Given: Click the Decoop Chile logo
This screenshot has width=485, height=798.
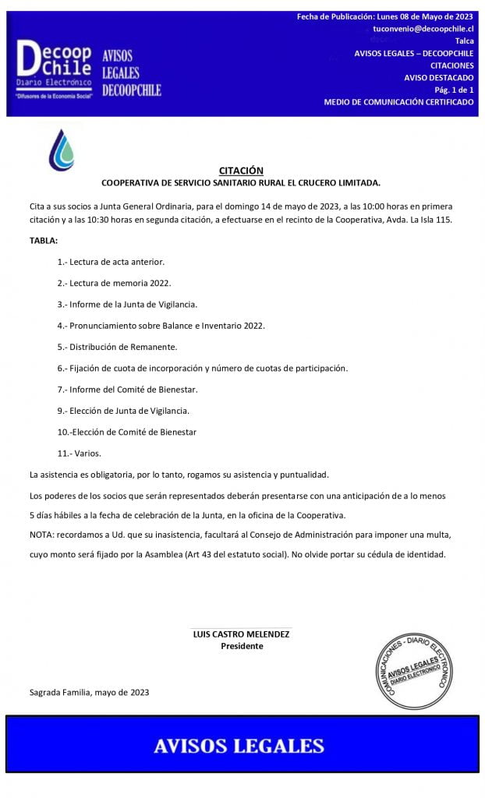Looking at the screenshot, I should pyautogui.click(x=55, y=69).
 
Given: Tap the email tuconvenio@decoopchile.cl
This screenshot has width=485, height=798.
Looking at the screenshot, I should pyautogui.click(x=423, y=28).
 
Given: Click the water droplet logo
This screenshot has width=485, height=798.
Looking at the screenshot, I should pyautogui.click(x=62, y=150).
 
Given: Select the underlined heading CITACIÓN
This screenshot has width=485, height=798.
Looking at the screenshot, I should pyautogui.click(x=241, y=171).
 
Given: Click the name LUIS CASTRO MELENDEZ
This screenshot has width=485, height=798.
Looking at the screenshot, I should pyautogui.click(x=241, y=634).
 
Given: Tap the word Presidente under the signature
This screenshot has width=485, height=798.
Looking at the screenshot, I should pyautogui.click(x=242, y=646).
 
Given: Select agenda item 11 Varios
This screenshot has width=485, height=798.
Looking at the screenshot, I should pyautogui.click(x=79, y=453).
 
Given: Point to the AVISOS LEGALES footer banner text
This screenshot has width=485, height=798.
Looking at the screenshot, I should pyautogui.click(x=239, y=745).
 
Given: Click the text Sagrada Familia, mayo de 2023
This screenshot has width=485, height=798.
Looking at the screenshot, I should pyautogui.click(x=89, y=691).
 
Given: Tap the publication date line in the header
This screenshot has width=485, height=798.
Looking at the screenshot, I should pyautogui.click(x=385, y=16).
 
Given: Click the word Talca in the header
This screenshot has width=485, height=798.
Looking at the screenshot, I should pyautogui.click(x=464, y=41).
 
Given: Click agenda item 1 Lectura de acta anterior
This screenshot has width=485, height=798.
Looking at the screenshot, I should pyautogui.click(x=111, y=261).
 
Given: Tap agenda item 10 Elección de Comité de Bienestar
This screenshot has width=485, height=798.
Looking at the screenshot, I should pyautogui.click(x=126, y=432).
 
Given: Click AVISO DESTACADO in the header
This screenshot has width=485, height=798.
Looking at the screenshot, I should pyautogui.click(x=438, y=77).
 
